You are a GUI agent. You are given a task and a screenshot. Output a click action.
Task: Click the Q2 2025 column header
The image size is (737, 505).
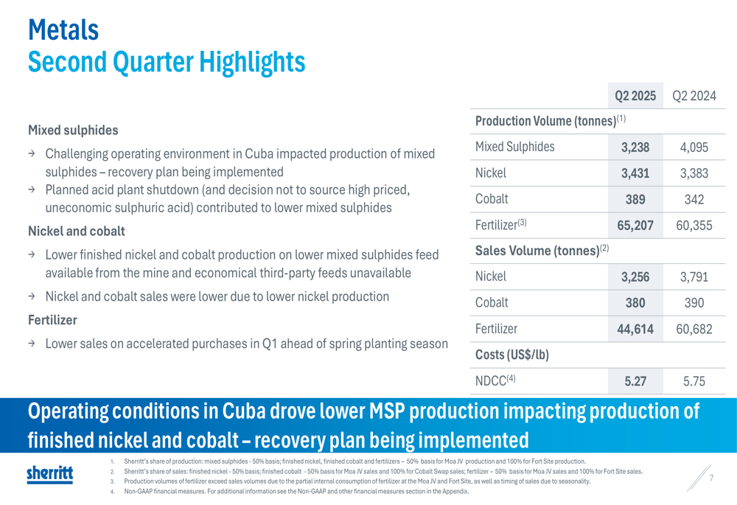click(x=635, y=96)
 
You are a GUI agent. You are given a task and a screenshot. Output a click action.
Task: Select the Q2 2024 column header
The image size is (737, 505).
click(x=694, y=96)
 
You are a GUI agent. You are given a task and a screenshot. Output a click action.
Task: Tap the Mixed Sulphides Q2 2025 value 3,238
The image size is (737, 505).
click(x=635, y=147)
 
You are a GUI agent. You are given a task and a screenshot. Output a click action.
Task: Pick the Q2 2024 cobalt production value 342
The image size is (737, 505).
click(x=694, y=199)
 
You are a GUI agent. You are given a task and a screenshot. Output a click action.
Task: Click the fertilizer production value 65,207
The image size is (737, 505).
click(x=635, y=226)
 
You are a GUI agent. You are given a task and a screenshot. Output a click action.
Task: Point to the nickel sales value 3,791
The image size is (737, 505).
click(x=694, y=277)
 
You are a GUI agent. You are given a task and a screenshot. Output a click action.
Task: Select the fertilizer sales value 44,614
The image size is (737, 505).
click(x=635, y=329)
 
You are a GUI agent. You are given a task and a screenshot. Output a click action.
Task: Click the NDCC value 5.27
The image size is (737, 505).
click(x=635, y=381)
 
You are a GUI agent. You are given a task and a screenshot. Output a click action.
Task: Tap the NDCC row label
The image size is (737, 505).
click(x=495, y=380)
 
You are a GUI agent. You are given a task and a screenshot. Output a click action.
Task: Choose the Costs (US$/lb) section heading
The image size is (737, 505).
click(x=512, y=355)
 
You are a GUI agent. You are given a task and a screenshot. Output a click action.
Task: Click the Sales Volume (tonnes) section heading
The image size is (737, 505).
click(x=542, y=250)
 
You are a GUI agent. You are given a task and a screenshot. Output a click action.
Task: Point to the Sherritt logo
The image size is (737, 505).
click(x=50, y=474)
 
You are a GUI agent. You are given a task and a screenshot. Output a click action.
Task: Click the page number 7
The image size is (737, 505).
click(x=712, y=478)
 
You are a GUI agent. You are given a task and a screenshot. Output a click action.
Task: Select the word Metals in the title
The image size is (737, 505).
click(x=63, y=29)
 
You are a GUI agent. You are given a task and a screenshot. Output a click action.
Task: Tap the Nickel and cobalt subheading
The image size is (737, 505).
click(x=77, y=231)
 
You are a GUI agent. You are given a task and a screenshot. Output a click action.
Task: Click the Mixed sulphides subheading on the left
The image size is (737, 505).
click(x=73, y=130)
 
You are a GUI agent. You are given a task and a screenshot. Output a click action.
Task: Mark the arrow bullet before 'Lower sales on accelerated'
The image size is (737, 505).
click(x=32, y=344)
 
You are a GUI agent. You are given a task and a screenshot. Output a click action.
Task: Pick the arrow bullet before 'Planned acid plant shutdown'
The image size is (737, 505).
click(x=32, y=189)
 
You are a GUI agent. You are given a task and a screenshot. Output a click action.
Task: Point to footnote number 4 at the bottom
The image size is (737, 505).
click(x=112, y=492)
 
